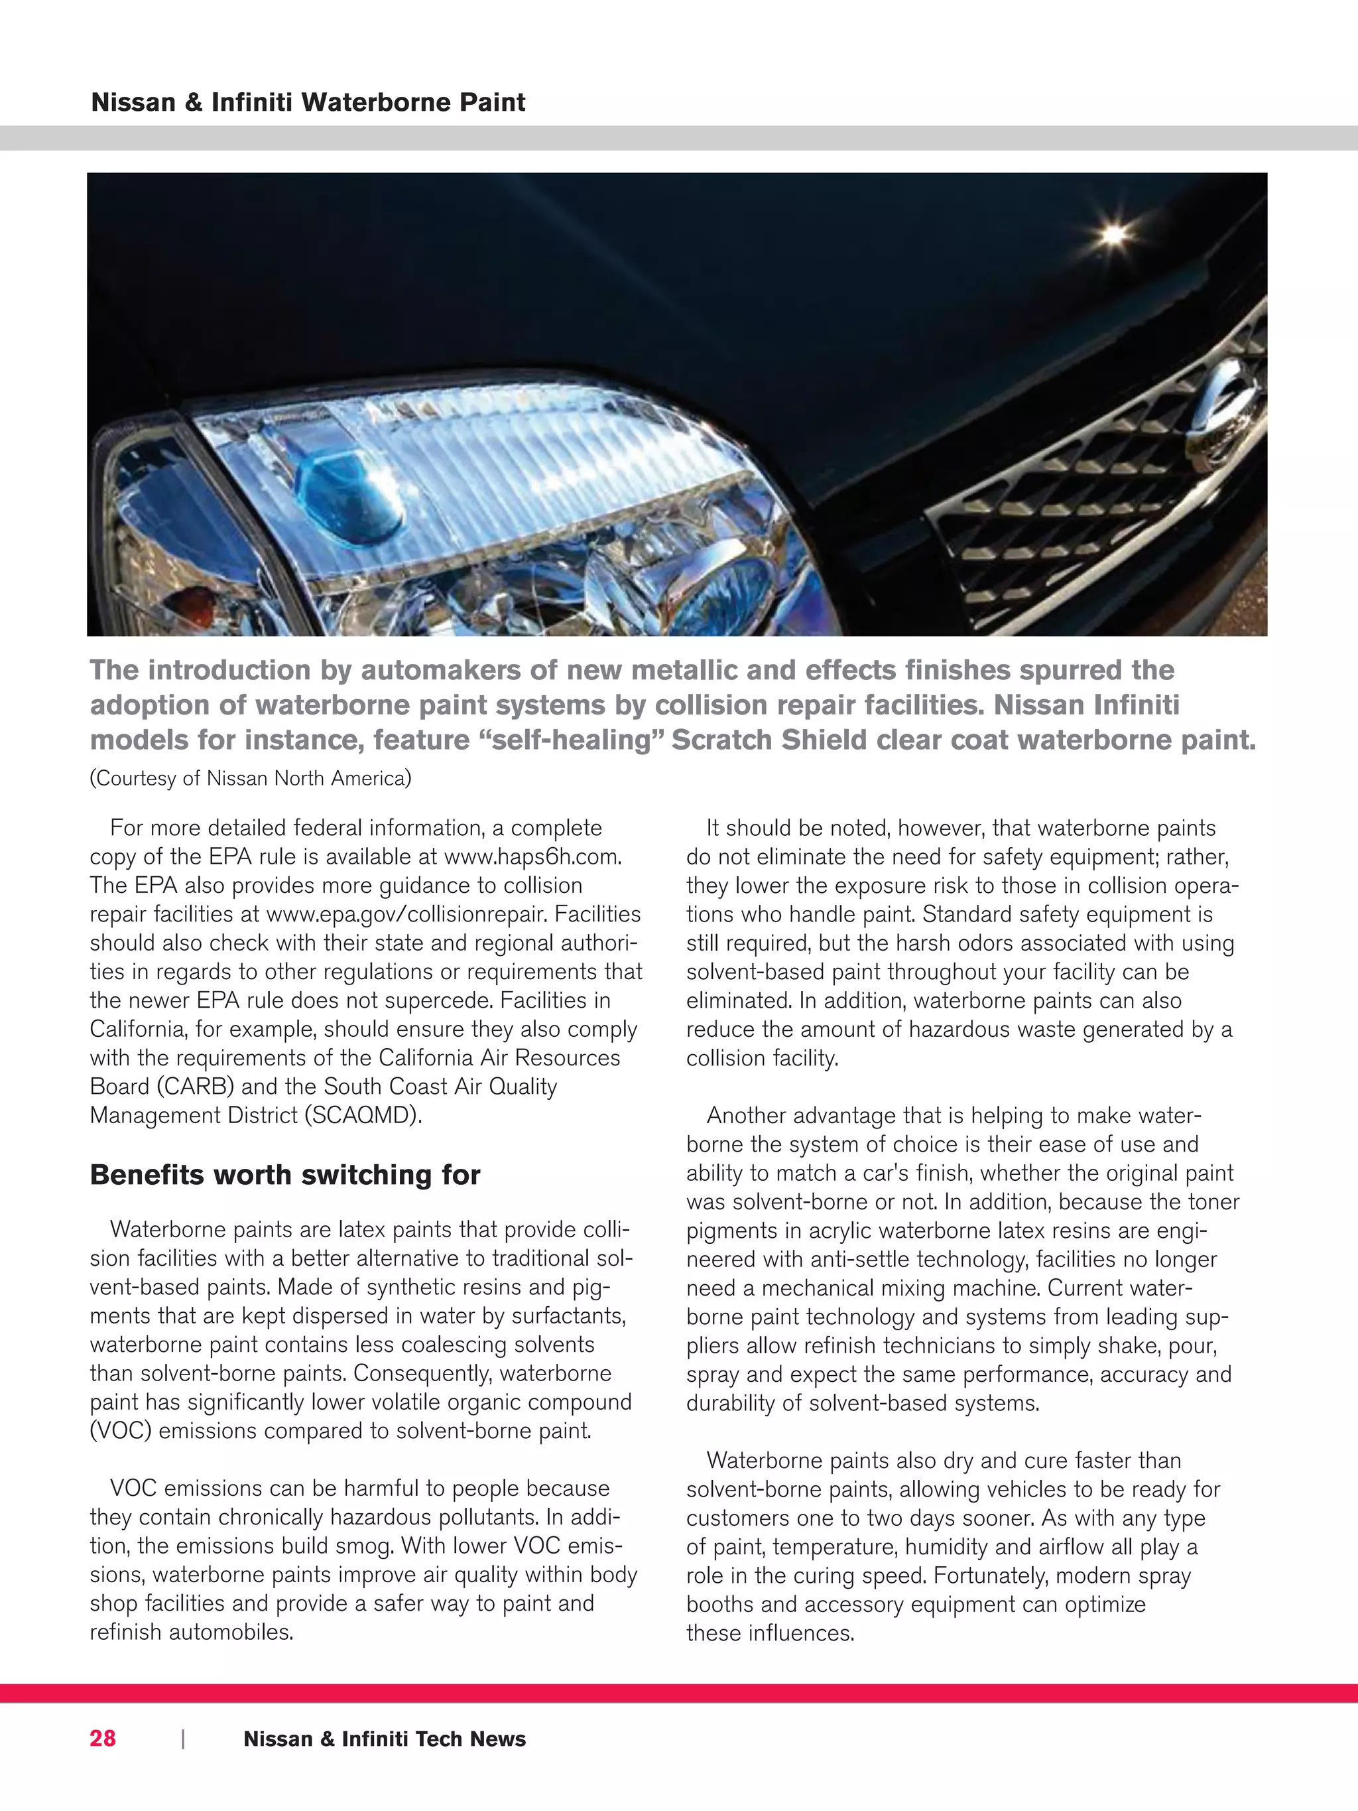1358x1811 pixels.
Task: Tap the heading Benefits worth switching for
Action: (285, 1175)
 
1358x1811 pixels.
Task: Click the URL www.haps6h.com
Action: (532, 856)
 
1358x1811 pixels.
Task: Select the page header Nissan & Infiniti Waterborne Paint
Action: (308, 102)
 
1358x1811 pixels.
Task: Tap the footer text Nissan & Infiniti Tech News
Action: (385, 1738)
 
